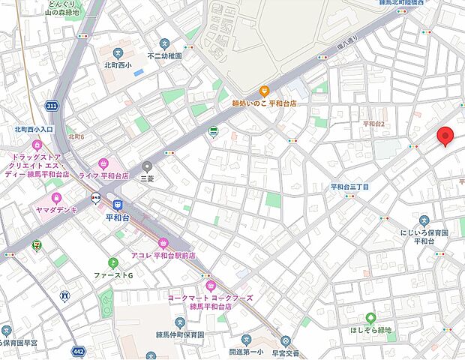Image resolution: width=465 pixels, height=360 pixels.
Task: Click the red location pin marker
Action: tap(446, 136)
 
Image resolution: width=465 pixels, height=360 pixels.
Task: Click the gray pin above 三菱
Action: tap(148, 166)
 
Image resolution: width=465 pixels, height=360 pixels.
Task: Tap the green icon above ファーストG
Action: tap(113, 262)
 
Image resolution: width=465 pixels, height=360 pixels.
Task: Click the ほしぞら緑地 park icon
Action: tap(370, 318)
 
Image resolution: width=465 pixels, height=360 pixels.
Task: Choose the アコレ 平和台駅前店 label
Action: tap(163, 255)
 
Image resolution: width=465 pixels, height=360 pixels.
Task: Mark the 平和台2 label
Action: tap(373, 124)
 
